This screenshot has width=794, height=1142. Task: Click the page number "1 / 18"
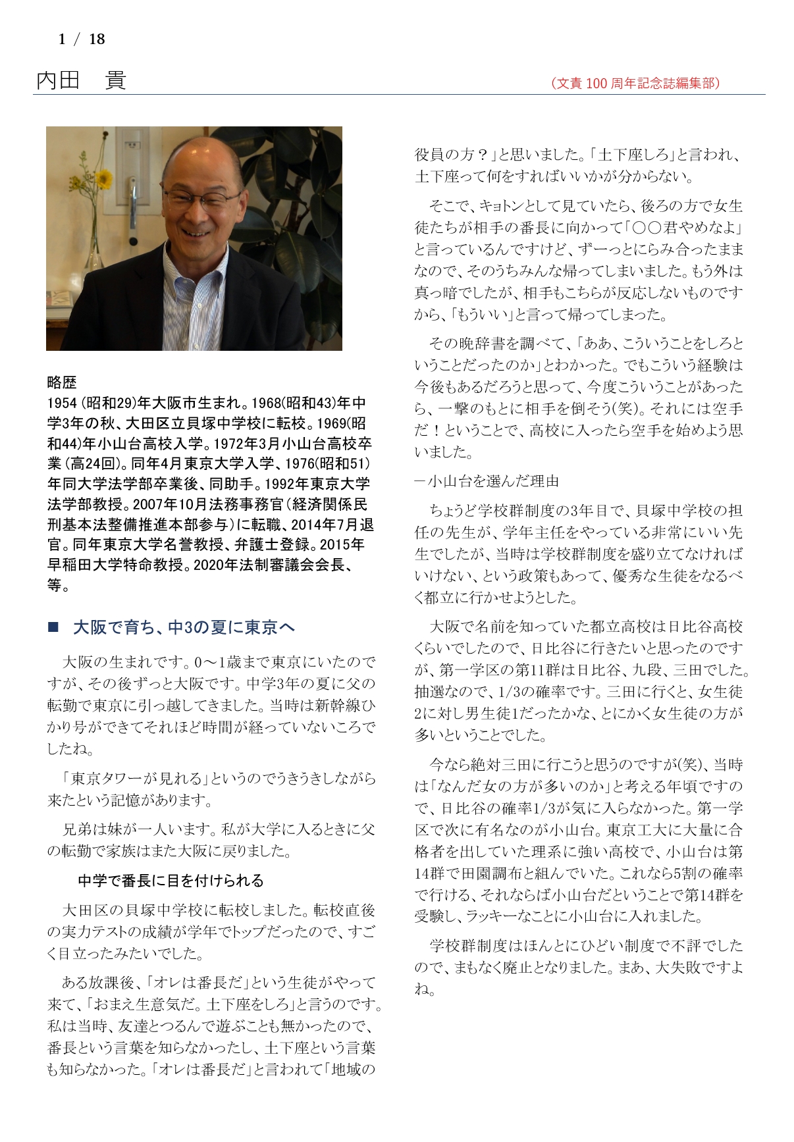[x=82, y=39]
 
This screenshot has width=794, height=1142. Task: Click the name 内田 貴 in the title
[x=81, y=81]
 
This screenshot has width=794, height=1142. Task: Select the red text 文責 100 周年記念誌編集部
[x=636, y=83]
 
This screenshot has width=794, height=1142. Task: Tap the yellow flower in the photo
[x=103, y=178]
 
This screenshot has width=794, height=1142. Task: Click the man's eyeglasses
[x=200, y=197]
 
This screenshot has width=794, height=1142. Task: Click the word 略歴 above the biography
[x=62, y=382]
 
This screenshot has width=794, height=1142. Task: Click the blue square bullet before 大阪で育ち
[x=53, y=627]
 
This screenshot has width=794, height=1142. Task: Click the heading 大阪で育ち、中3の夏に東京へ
[x=184, y=627]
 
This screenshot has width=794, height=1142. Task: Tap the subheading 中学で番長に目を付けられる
[x=171, y=881]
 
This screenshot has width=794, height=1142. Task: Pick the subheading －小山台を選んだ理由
[x=487, y=481]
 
